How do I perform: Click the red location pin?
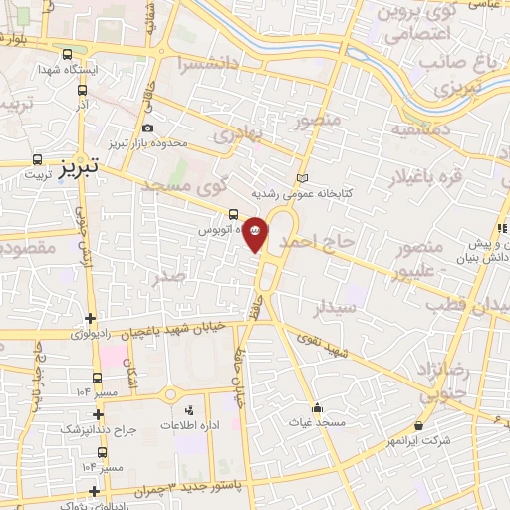click(x=256, y=235)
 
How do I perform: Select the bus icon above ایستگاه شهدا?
click(x=67, y=55)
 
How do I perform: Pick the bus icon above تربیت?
click(x=38, y=159)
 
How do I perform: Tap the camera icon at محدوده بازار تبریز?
click(x=148, y=127)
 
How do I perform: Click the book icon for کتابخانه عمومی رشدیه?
click(x=303, y=178)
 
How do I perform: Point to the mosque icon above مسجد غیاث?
click(x=317, y=407)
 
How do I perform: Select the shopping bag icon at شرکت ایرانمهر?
click(x=418, y=425)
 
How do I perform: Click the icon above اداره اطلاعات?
click(x=189, y=409)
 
